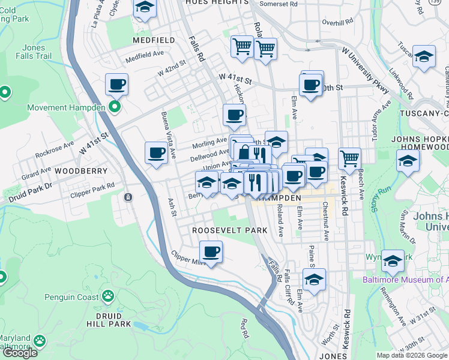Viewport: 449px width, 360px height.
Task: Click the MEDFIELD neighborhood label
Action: pyautogui.click(x=154, y=40)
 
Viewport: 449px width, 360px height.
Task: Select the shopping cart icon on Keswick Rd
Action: pyautogui.click(x=349, y=159)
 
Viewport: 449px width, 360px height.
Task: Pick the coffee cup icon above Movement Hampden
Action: pyautogui.click(x=116, y=84)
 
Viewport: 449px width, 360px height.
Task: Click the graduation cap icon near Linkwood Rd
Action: pyautogui.click(x=424, y=56)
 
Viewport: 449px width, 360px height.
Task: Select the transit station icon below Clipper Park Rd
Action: pyautogui.click(x=128, y=197)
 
